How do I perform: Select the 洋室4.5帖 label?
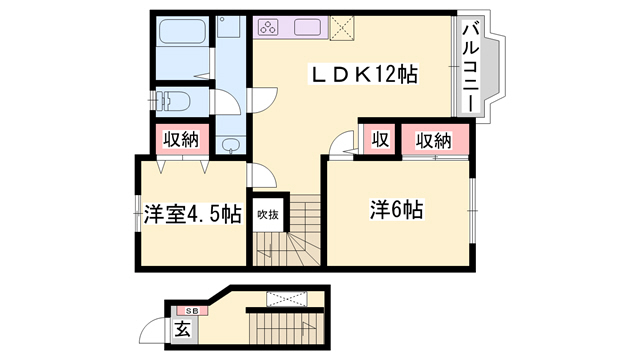point(191,214)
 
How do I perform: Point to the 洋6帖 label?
point(397,210)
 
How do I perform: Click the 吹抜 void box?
point(267,212)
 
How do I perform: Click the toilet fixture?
point(178,102)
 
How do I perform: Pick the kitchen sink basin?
point(308,28)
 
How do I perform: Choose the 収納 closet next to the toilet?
point(181,139)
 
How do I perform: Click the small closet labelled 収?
point(380,139)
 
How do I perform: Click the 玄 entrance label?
point(183,330)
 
